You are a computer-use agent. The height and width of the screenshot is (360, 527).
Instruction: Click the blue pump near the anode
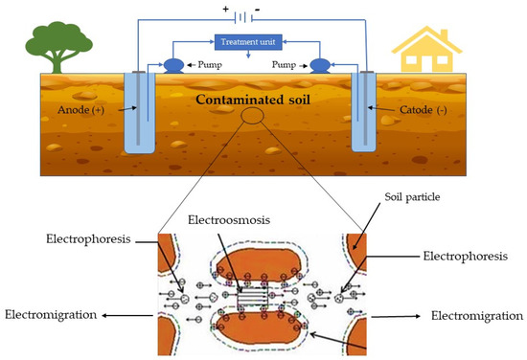click(x=174, y=66)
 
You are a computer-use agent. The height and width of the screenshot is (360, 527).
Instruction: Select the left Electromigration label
click(x=53, y=313)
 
